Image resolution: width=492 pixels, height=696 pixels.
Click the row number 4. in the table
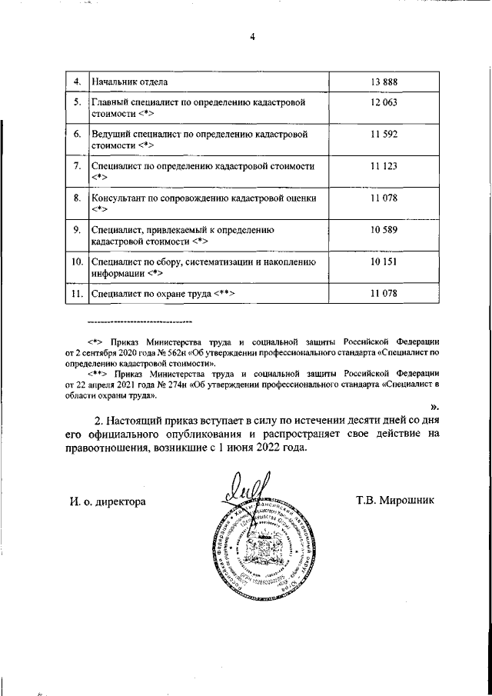click(77, 82)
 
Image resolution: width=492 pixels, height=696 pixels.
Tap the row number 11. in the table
click(76, 293)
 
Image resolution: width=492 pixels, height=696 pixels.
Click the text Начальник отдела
click(129, 82)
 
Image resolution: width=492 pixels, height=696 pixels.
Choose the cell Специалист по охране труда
click(162, 293)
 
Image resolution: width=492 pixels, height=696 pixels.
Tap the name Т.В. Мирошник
click(395, 501)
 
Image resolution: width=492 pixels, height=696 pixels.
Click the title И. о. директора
click(107, 501)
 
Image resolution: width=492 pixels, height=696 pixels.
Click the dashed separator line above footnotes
click(139, 321)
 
